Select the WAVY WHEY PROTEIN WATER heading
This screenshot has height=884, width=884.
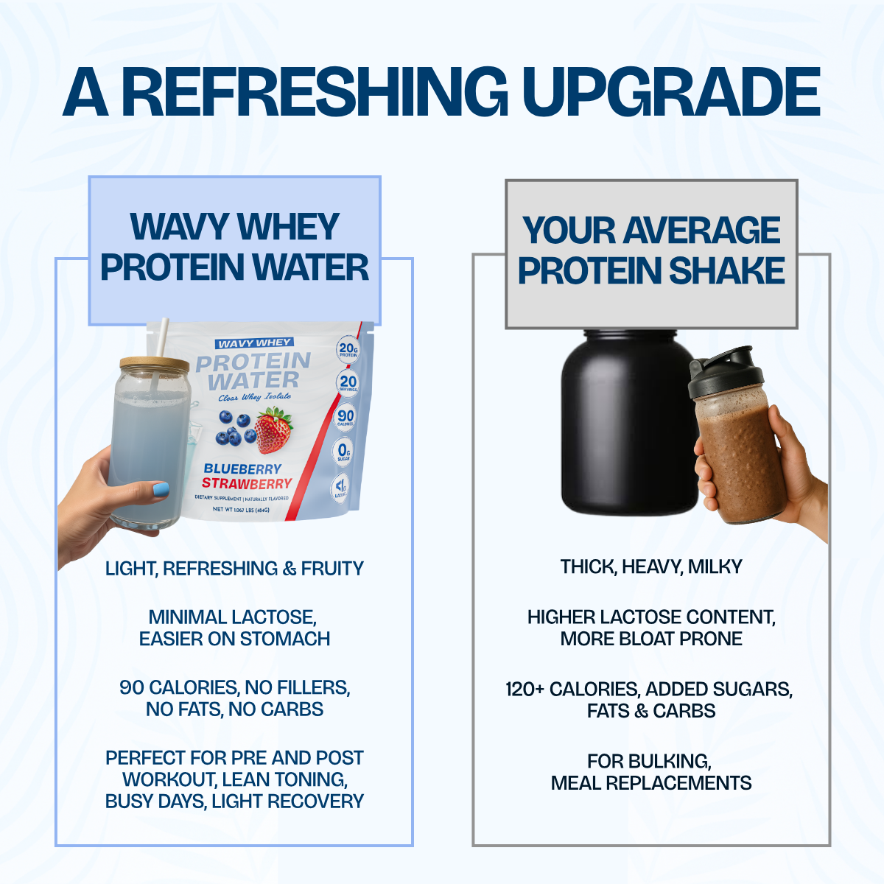234,247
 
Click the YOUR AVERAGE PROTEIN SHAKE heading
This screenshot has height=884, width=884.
651,250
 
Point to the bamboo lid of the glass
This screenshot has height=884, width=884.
155,365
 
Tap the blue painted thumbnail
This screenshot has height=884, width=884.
161,489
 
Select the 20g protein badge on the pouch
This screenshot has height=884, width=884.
348,349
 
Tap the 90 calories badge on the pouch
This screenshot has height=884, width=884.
345,417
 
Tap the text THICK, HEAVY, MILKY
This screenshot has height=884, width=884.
651,566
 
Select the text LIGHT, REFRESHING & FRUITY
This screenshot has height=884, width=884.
234,569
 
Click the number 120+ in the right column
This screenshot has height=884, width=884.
525,690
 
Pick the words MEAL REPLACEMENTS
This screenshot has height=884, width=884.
651,783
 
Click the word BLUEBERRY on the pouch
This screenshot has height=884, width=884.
242,469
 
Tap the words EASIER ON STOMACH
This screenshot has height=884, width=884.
234,639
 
